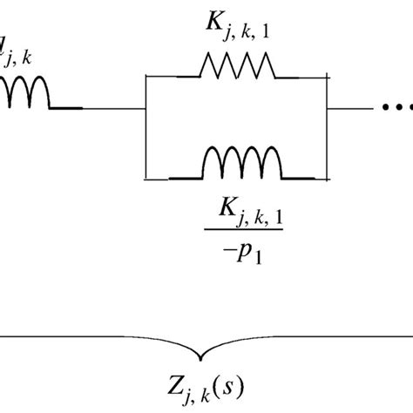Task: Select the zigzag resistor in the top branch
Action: pos(237,65)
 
